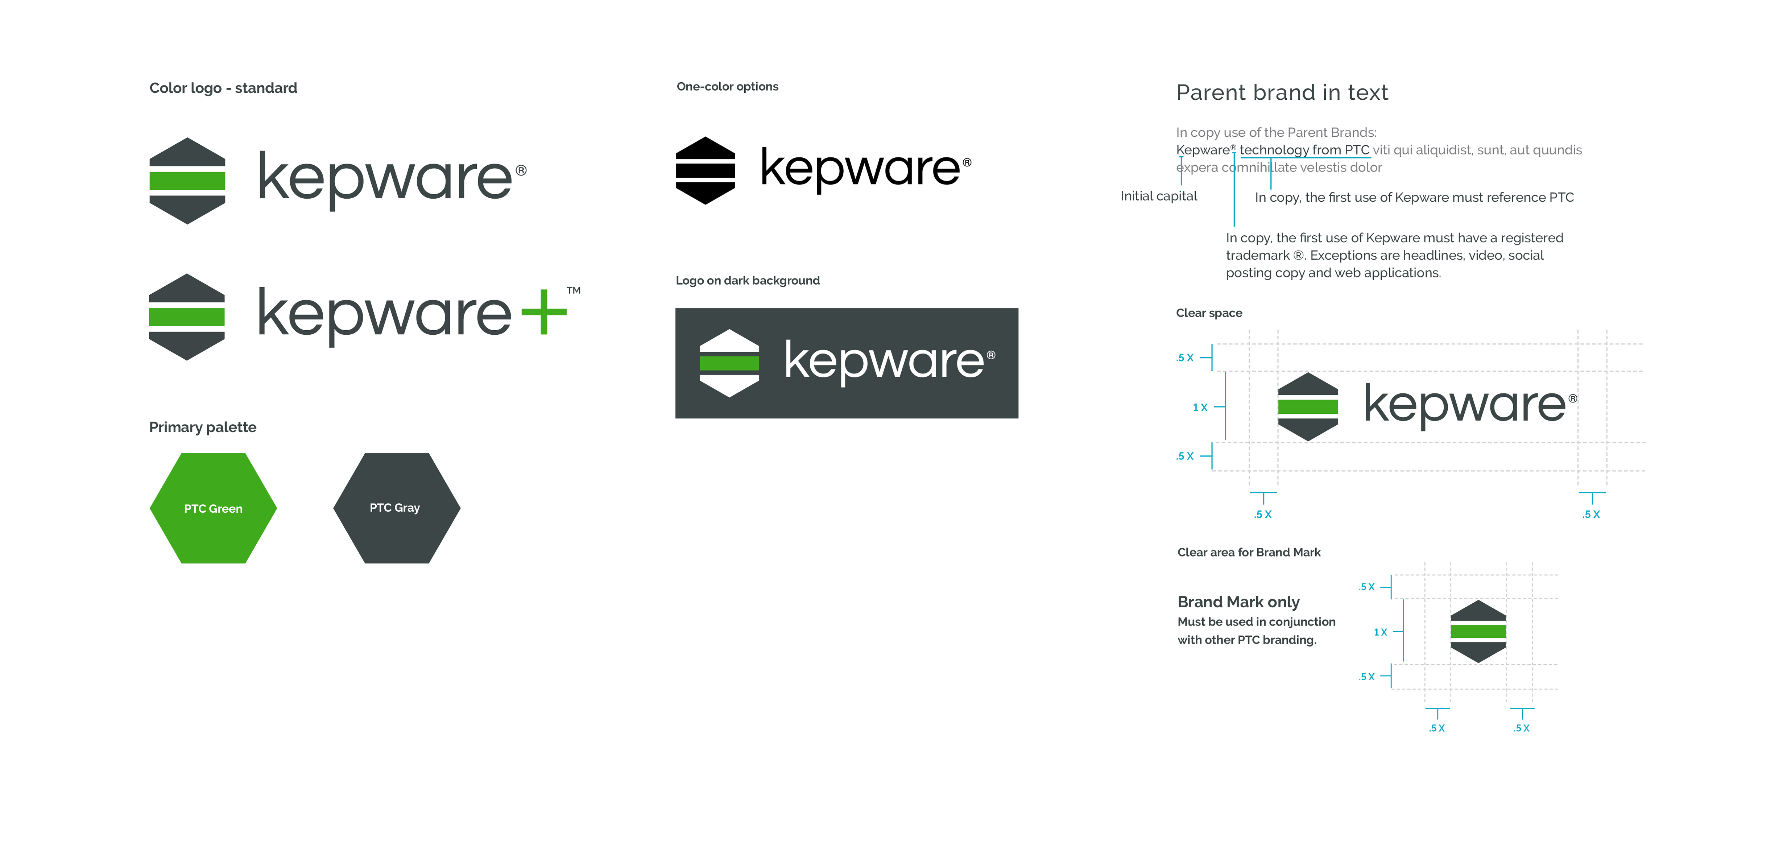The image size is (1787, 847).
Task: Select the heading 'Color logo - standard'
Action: click(x=223, y=88)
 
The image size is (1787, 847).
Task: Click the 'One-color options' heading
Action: click(x=727, y=87)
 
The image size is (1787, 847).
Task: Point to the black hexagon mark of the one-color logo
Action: click(x=705, y=171)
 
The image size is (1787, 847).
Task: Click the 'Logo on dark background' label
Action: click(x=747, y=280)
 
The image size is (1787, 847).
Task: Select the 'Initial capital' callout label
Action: click(x=1158, y=196)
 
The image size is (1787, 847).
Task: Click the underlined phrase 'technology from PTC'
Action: click(x=1304, y=150)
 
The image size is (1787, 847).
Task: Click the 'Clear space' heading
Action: click(x=1208, y=313)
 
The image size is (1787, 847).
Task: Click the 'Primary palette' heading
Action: click(x=203, y=427)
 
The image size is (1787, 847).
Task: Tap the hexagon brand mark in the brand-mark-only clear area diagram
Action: click(x=1478, y=631)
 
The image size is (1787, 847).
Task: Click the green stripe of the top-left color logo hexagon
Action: click(x=187, y=180)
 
